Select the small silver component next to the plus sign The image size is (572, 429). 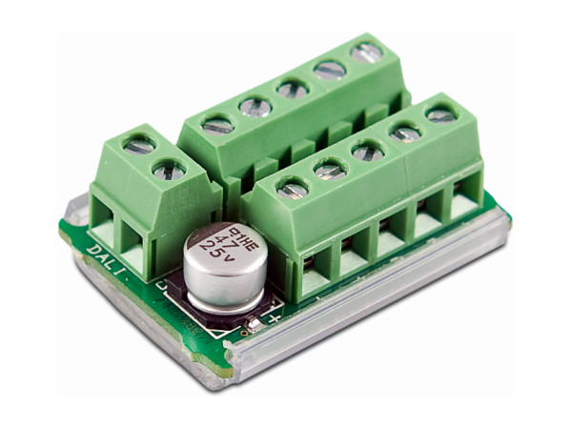(255, 325)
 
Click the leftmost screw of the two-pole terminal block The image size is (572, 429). (139, 146)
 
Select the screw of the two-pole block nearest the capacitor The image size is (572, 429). (169, 171)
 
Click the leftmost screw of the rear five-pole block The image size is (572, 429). (218, 124)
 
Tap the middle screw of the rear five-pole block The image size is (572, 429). (293, 89)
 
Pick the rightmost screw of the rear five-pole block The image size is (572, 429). (366, 52)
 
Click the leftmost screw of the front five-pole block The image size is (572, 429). (293, 189)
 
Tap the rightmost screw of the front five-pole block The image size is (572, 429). (440, 113)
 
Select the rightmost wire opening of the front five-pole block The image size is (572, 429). (464, 203)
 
